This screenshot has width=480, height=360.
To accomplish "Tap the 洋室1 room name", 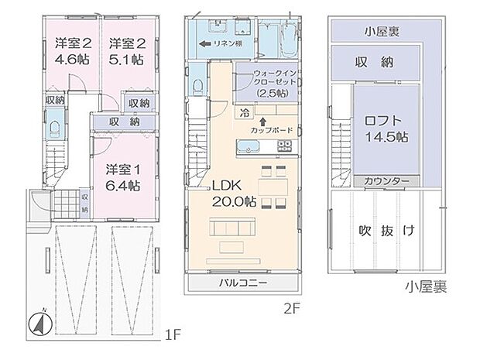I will [x=122, y=167].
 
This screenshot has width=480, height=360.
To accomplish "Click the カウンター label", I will [x=382, y=180].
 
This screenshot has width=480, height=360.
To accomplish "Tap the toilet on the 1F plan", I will [x=57, y=124].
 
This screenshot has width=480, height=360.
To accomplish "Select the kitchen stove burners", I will [x=284, y=145].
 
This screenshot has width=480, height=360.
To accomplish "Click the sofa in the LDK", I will [x=233, y=230].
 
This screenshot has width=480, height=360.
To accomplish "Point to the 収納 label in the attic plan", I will [x=377, y=62].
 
